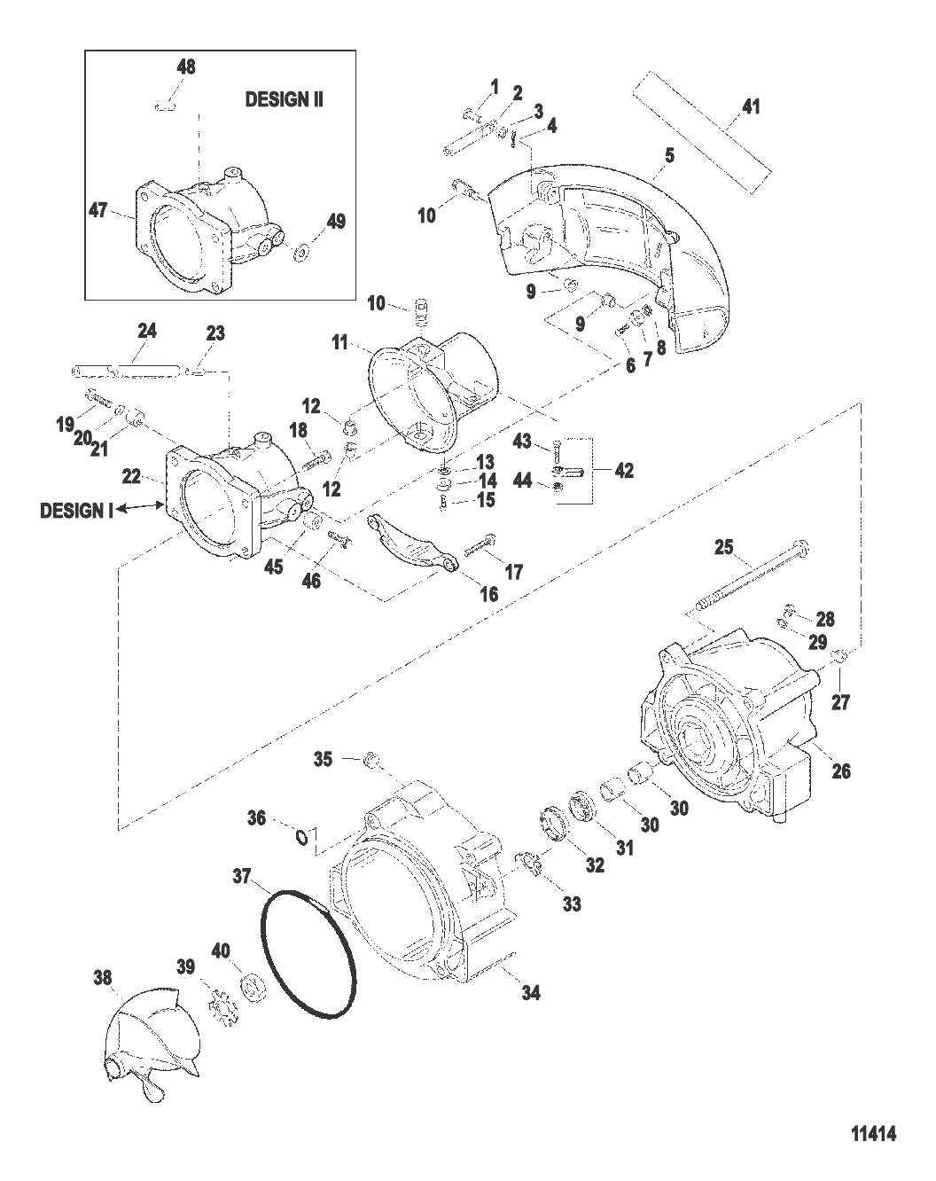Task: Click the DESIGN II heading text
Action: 284,99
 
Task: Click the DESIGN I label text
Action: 77,511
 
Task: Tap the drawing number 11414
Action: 873,1133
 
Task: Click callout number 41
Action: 751,107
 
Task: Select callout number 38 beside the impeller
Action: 103,978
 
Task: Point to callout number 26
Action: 840,770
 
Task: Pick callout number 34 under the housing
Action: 530,992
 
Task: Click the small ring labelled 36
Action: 303,836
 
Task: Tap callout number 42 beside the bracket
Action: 624,471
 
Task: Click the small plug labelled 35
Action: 373,760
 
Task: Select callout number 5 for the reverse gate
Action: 670,155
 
